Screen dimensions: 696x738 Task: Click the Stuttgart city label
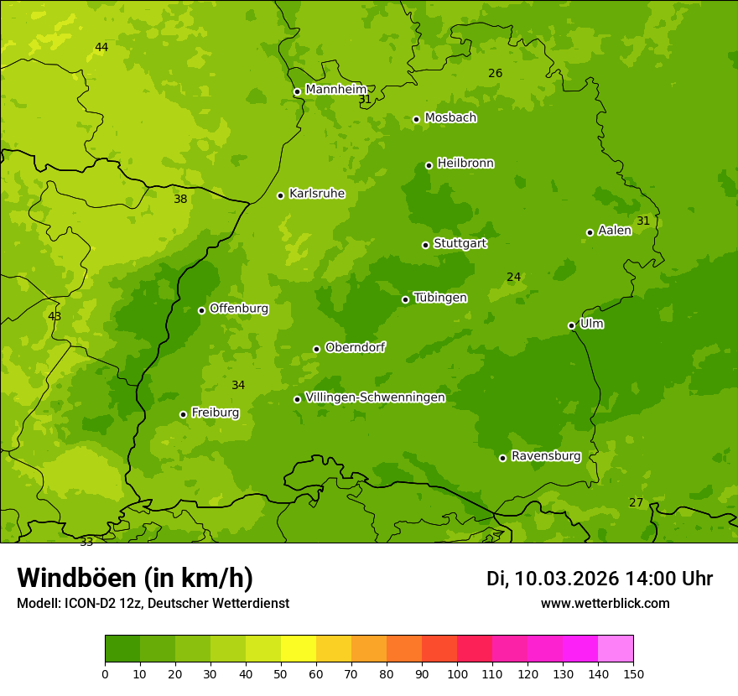pos(460,243)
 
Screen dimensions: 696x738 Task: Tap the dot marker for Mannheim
pos(297,92)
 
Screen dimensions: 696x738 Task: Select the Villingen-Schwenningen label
pos(375,397)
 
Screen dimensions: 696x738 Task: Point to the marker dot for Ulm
pos(572,325)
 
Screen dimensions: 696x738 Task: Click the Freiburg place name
pos(215,413)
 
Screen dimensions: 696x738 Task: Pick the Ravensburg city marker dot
pos(503,458)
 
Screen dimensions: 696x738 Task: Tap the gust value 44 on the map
pos(101,48)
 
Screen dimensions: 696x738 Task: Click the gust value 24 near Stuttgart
pos(514,277)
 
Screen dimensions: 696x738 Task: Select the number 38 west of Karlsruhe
pos(180,200)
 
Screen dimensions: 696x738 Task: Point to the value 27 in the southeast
pos(636,502)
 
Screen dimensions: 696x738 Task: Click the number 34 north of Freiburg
pos(238,385)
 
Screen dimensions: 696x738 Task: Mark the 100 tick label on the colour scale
pos(457,673)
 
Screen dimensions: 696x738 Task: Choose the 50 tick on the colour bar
pos(281,673)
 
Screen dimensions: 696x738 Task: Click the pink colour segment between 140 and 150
pos(616,649)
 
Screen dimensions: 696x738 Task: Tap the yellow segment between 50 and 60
pos(299,649)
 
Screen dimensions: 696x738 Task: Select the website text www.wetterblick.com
pos(605,603)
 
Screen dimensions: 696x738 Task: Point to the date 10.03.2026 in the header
pos(566,579)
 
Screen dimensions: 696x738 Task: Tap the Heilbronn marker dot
pos(429,165)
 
